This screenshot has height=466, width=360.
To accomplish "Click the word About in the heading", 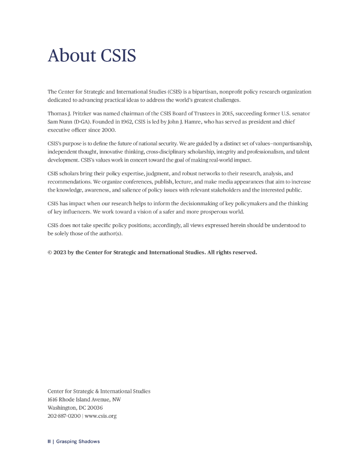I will pyautogui.click(x=71, y=56).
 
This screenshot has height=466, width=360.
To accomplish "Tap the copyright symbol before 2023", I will pyautogui.click(x=50, y=253).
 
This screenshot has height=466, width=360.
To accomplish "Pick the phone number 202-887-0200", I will pyautogui.click(x=64, y=416).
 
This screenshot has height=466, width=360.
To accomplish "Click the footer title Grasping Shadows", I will pyautogui.click(x=78, y=441).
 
